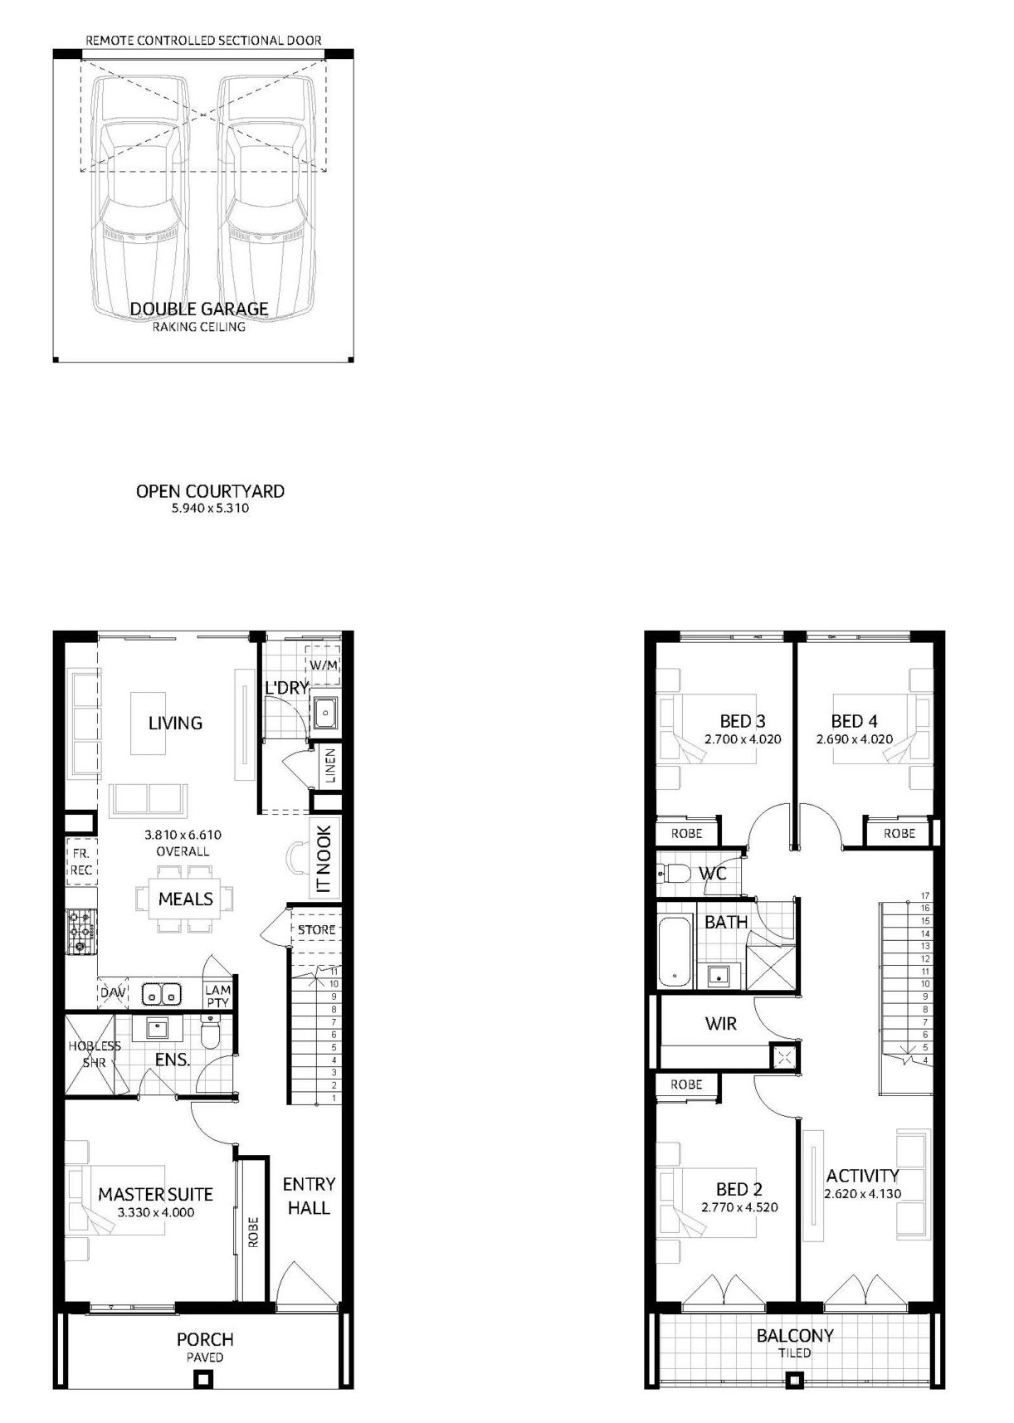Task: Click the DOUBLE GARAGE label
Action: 199,309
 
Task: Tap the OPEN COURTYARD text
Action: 210,491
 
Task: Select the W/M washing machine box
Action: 322,665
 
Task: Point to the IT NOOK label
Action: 324,859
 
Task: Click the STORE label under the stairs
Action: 317,930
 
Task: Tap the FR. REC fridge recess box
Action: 81,861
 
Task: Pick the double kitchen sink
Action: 162,993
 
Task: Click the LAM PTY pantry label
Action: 217,996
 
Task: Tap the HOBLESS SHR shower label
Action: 95,1054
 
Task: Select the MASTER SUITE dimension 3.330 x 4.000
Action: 156,1212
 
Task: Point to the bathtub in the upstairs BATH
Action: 675,953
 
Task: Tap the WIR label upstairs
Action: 720,1024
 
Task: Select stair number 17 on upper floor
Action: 924,896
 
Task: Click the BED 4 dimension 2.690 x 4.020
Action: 854,739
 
